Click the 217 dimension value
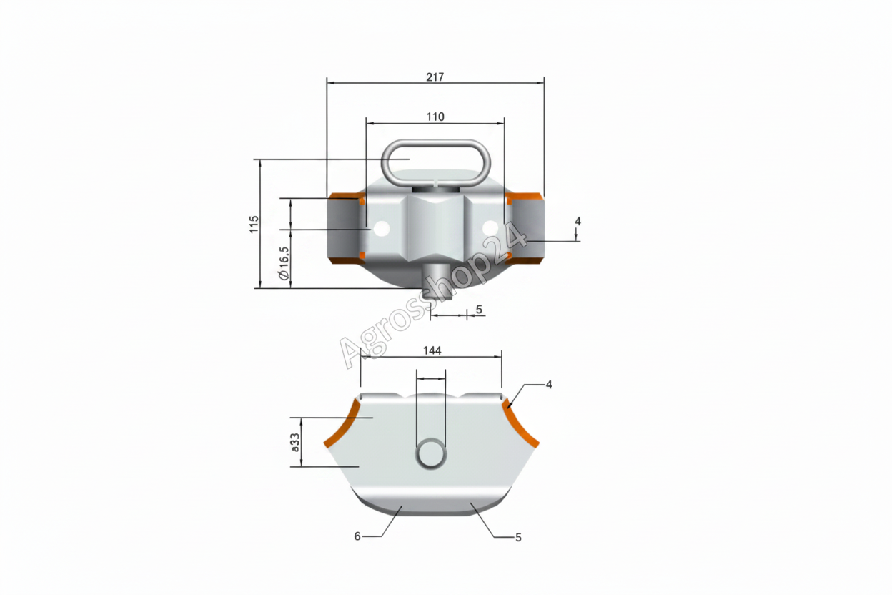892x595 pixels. [x=435, y=77]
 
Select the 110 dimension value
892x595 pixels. [x=435, y=117]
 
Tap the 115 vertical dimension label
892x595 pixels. [x=254, y=225]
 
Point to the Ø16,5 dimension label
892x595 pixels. [x=284, y=263]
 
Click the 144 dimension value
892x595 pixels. [x=432, y=350]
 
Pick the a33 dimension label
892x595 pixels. [x=295, y=442]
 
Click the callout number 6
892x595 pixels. [x=357, y=537]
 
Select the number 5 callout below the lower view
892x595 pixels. [x=518, y=538]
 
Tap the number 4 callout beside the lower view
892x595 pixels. [x=549, y=385]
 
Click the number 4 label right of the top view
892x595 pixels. [x=578, y=221]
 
